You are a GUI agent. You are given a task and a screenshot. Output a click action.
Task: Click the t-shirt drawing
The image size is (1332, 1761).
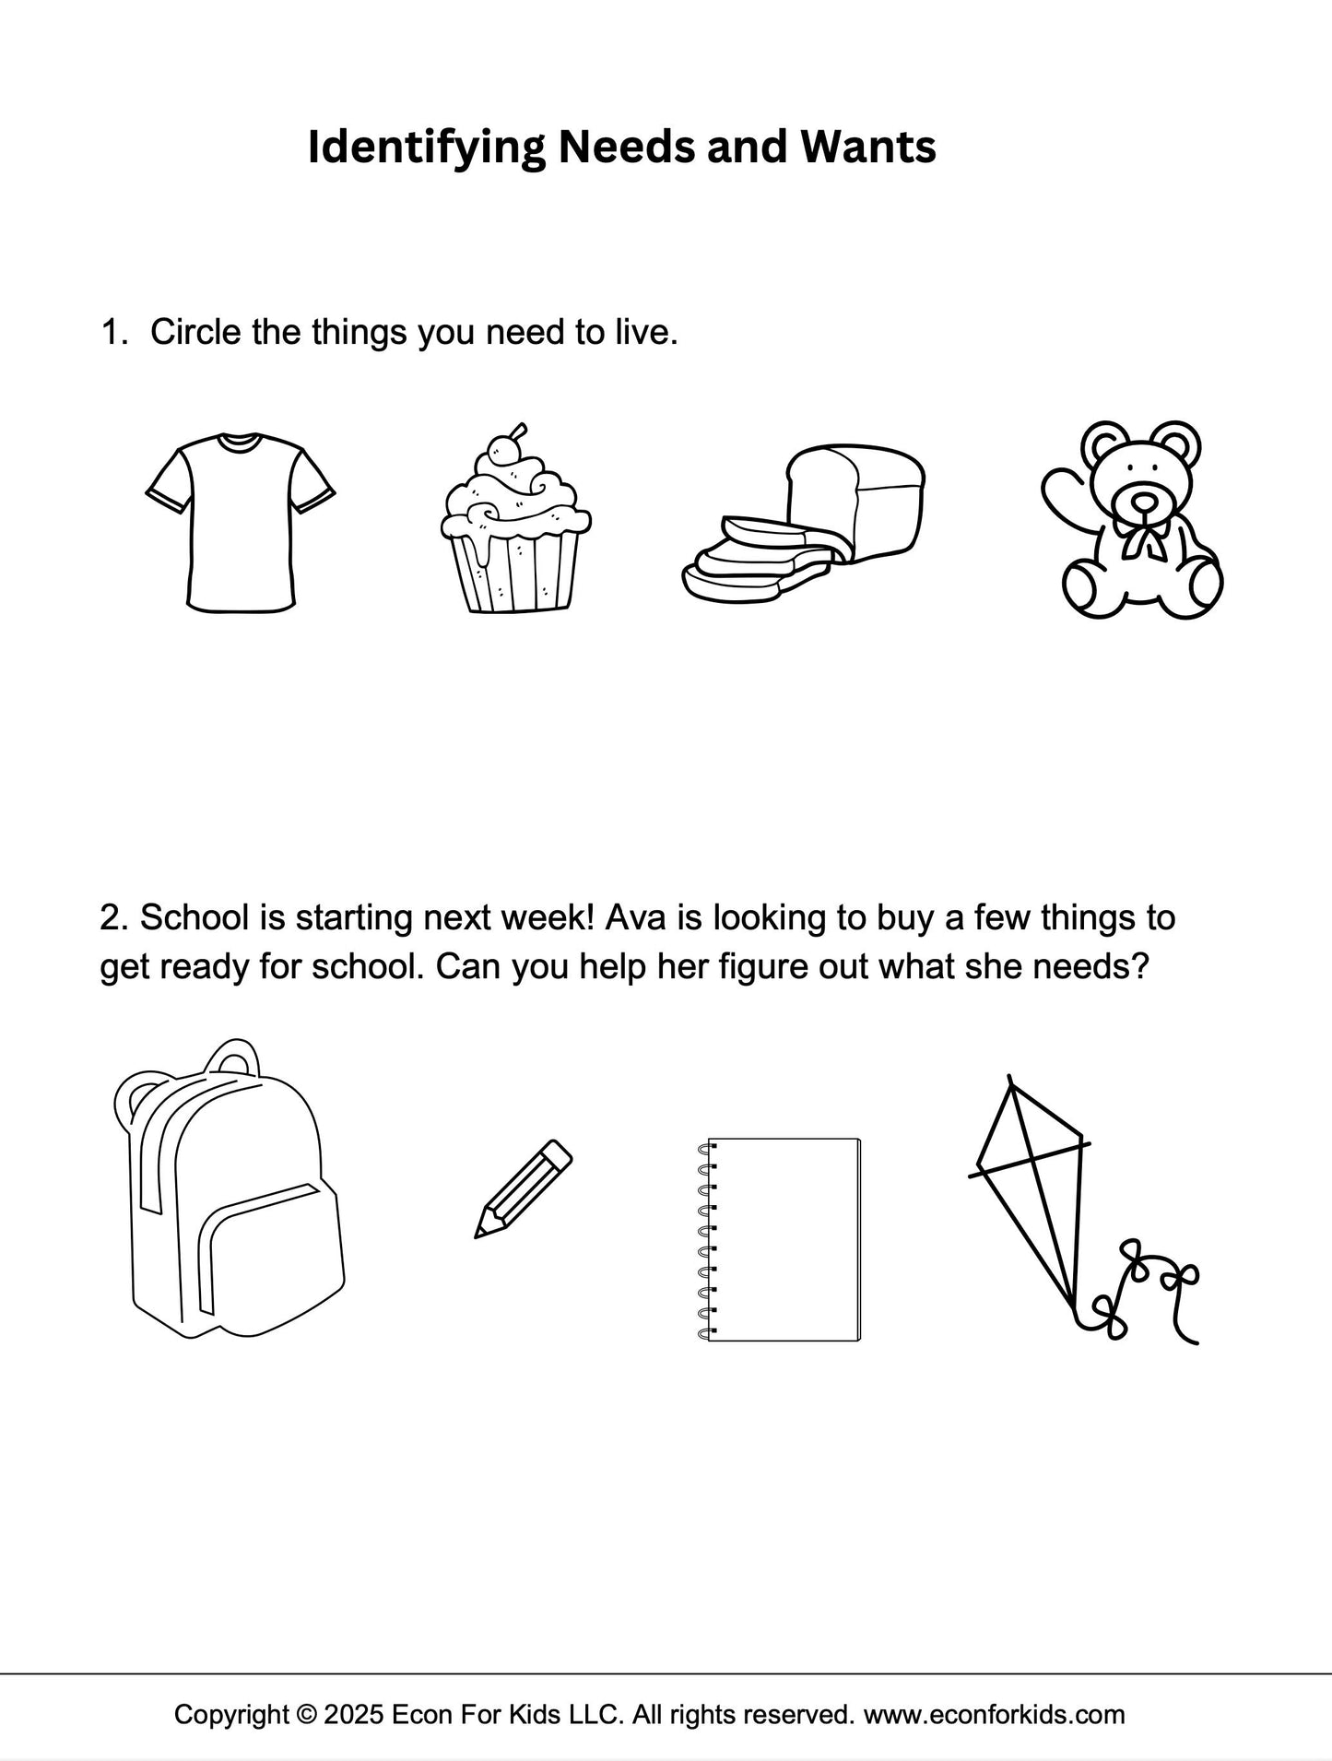(x=241, y=522)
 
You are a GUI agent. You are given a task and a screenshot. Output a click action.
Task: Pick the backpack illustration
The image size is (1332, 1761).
(x=229, y=1189)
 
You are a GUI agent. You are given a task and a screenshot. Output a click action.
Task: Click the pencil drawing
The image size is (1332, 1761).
(x=523, y=1188)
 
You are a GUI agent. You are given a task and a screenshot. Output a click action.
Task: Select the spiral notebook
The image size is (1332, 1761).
(x=780, y=1239)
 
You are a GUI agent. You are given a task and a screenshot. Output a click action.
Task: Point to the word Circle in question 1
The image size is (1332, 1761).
(x=195, y=332)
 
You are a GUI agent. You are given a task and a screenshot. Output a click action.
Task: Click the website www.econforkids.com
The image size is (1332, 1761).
(x=995, y=1715)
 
